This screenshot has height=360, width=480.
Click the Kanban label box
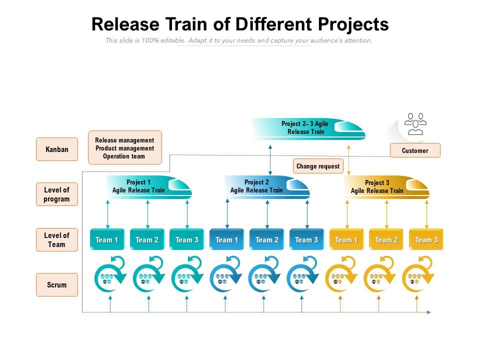pos(56,149)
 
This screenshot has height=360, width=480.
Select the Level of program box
pos(56,194)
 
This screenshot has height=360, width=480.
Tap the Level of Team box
pos(56,240)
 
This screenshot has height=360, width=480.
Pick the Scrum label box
pos(56,285)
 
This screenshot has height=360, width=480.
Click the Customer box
pos(415,150)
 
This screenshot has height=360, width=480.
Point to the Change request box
pos(317,166)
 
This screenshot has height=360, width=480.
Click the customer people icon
pos(415,124)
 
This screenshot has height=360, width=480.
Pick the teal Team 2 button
pos(147,240)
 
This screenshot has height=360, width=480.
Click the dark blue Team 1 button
pos(227,240)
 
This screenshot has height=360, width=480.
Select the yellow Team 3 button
pos(426,240)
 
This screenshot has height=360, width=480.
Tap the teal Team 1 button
pos(107,240)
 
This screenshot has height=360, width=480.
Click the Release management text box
pos(124,148)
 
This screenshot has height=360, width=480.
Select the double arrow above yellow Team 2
pos(386,215)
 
